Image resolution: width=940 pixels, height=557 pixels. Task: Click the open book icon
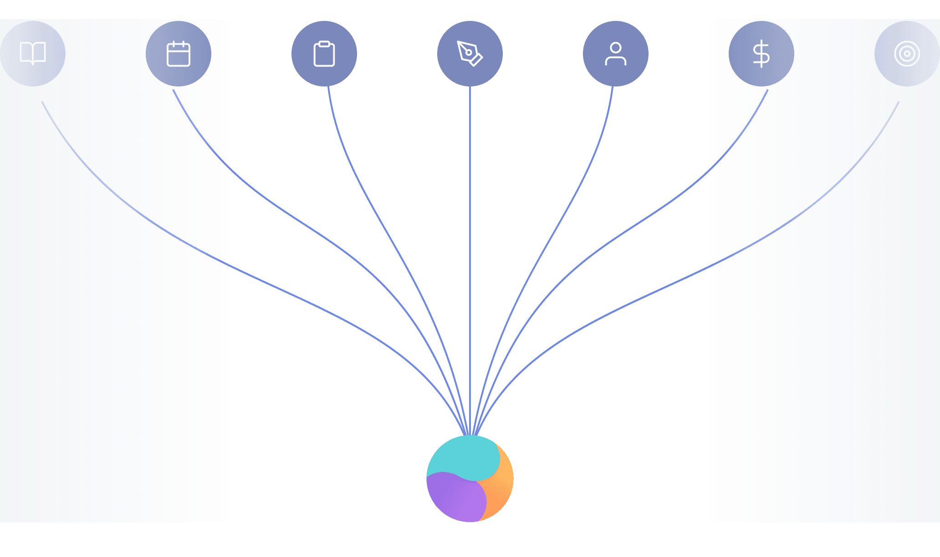tap(33, 53)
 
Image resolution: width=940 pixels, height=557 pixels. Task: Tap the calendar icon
tap(179, 54)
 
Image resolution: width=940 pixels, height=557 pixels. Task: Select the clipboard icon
tap(324, 54)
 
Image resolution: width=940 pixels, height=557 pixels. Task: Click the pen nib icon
tap(470, 54)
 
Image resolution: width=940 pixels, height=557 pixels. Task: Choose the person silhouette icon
tap(616, 54)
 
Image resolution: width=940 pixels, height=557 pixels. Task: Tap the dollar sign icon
tap(761, 54)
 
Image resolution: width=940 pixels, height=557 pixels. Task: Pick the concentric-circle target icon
tap(907, 54)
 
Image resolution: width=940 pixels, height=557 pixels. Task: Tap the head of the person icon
tap(616, 48)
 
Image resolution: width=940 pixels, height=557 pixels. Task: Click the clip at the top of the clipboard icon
tap(324, 44)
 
